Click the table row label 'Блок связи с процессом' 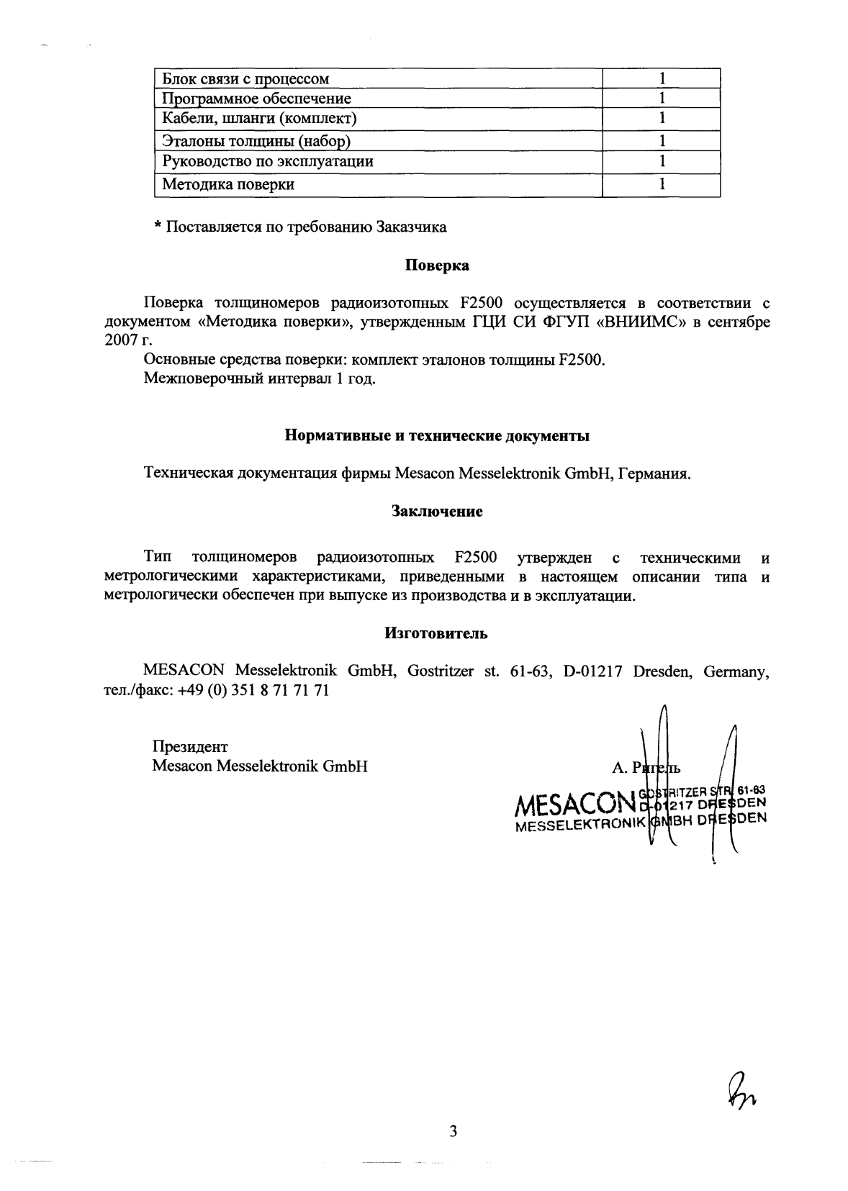[x=245, y=78]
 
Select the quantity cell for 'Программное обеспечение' [x=661, y=98]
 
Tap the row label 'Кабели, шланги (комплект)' [x=259, y=117]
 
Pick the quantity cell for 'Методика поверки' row [x=661, y=184]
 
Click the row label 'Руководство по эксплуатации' [x=267, y=160]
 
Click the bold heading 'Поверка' [x=437, y=265]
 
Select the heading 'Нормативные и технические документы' [x=437, y=435]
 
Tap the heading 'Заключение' [x=437, y=512]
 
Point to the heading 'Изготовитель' [x=436, y=633]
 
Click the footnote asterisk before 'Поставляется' [x=157, y=228]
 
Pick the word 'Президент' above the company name [x=190, y=747]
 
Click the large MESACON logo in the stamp [x=573, y=802]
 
